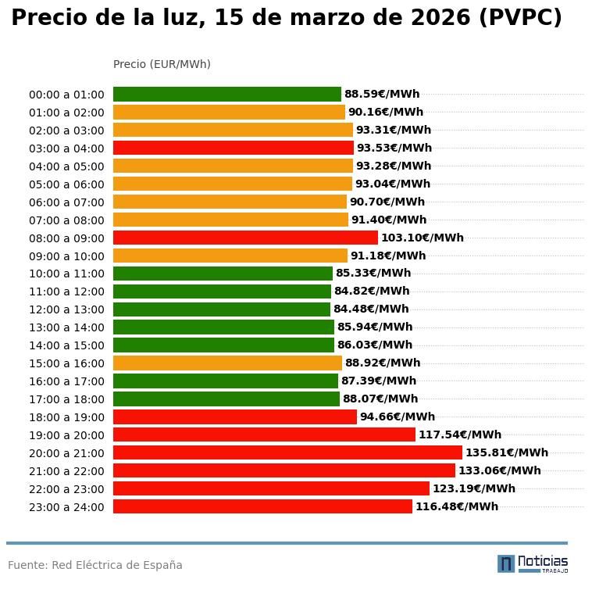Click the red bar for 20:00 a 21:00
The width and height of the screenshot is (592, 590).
tap(287, 452)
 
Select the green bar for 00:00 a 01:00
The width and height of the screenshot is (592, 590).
tap(227, 94)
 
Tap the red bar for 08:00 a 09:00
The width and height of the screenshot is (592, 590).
tap(245, 238)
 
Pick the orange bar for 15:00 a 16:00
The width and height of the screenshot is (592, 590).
tap(227, 363)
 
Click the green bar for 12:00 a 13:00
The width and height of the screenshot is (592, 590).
tap(222, 309)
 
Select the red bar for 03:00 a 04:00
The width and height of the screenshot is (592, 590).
tap(234, 148)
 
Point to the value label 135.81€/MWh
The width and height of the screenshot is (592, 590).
tap(506, 452)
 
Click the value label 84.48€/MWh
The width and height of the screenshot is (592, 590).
tap(371, 309)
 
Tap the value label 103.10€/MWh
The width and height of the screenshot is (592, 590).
tap(422, 238)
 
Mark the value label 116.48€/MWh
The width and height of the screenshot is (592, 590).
tap(456, 506)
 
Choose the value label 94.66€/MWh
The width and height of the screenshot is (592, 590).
tap(397, 417)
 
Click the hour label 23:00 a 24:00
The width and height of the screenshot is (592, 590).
tap(66, 507)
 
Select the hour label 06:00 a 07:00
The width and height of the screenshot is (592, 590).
tap(66, 202)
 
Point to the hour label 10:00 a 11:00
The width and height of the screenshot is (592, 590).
tap(66, 274)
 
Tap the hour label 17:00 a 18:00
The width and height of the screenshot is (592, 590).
tap(66, 399)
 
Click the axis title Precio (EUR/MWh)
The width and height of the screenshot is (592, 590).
tap(162, 64)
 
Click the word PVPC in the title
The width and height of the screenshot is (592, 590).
tap(519, 18)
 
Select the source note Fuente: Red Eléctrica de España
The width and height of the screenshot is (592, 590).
tap(95, 565)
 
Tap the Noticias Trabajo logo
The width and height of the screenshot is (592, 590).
tap(533, 563)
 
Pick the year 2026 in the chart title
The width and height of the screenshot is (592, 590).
tap(435, 18)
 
